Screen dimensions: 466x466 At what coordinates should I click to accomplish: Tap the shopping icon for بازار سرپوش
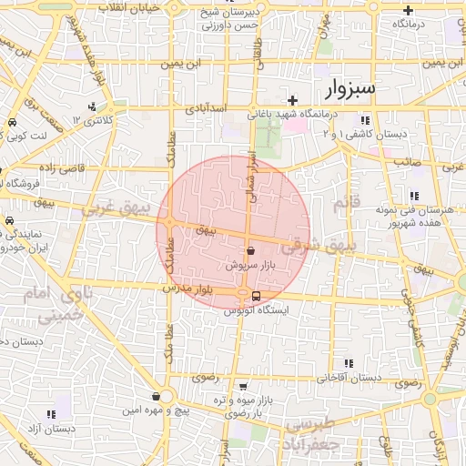(x=251, y=249)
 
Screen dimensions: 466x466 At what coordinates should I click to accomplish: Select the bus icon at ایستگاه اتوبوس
(x=255, y=295)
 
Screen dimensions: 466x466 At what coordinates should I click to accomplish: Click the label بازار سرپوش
(x=250, y=265)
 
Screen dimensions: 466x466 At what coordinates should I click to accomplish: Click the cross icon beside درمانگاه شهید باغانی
(x=292, y=100)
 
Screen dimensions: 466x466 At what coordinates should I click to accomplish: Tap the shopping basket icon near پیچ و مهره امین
(x=157, y=397)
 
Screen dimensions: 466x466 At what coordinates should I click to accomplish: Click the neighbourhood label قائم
(x=340, y=205)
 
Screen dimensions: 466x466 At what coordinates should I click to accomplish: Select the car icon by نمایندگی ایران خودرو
(x=9, y=221)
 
